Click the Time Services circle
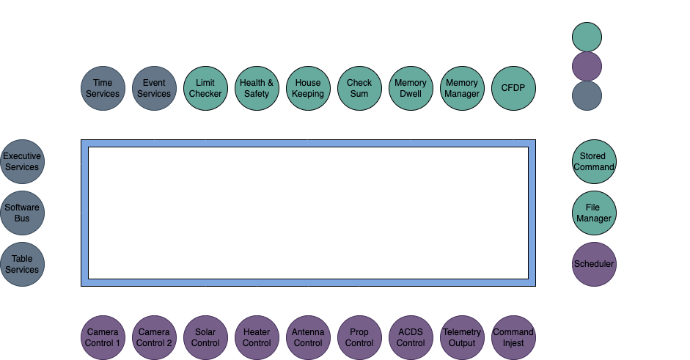103,89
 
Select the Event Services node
154,89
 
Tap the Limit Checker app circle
205,89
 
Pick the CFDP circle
513,89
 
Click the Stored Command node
593,161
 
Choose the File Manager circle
593,213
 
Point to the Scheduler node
593,264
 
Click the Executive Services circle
22,161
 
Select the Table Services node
22,264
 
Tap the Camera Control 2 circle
154,337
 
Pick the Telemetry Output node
462,337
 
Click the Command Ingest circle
513,337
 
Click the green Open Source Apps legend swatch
587,37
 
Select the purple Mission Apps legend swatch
587,66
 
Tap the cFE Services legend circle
587,95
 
